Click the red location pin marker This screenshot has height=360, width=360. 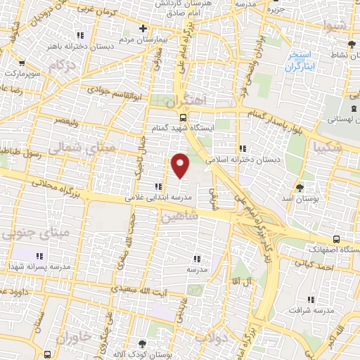tap(181, 166)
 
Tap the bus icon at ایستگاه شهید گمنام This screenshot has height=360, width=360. tap(183, 118)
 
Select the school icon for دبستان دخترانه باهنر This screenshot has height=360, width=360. tap(82, 34)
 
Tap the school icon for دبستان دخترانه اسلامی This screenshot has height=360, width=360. tap(243, 148)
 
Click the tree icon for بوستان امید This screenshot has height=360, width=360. tap(300, 187)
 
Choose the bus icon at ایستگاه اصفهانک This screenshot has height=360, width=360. tap(338, 238)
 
